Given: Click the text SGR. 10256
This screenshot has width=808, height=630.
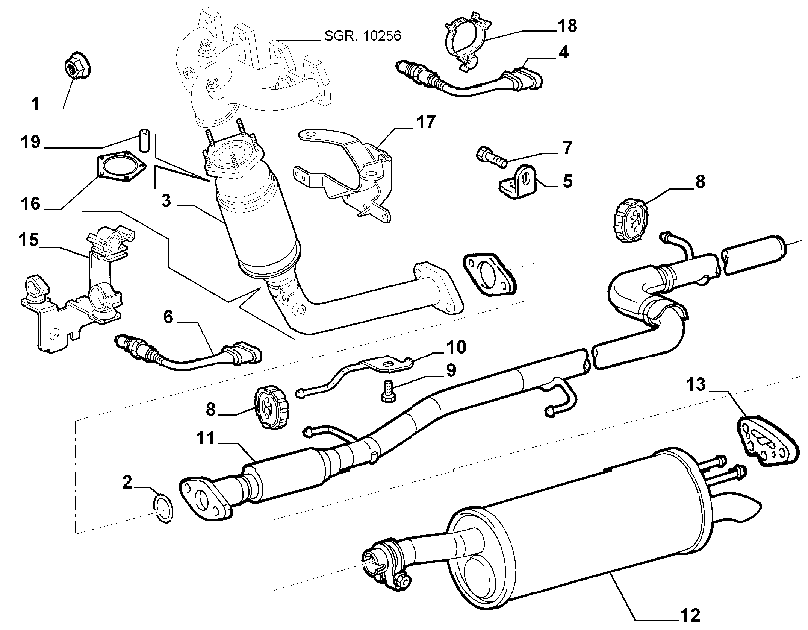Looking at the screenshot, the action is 363,35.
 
